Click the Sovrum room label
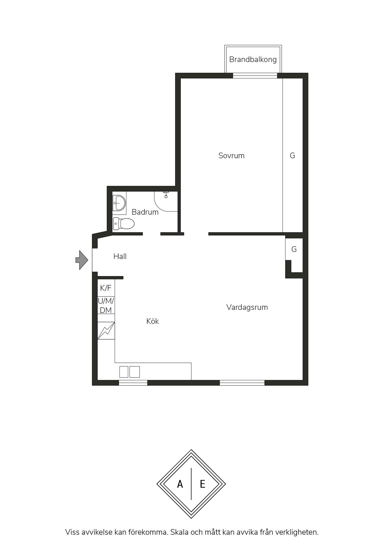(231, 155)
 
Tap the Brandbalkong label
(253, 59)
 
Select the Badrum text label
(145, 212)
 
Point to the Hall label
(120, 256)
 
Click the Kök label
(153, 321)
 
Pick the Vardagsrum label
(247, 307)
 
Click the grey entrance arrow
(82, 260)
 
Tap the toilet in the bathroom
(124, 223)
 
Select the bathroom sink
(119, 203)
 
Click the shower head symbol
(166, 194)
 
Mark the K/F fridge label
(106, 288)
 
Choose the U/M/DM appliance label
(106, 305)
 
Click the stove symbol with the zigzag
(106, 331)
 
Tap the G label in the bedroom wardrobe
(292, 155)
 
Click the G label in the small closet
(294, 249)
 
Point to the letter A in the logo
(180, 484)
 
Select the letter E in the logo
(203, 484)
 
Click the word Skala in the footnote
(180, 532)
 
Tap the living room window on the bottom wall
(242, 383)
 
